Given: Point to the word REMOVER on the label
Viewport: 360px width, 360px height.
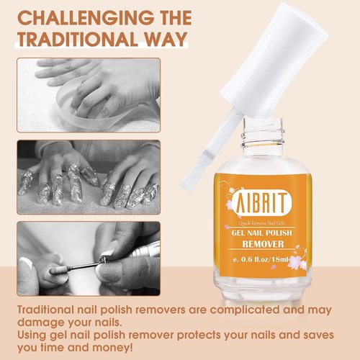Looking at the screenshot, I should [x=264, y=245].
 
